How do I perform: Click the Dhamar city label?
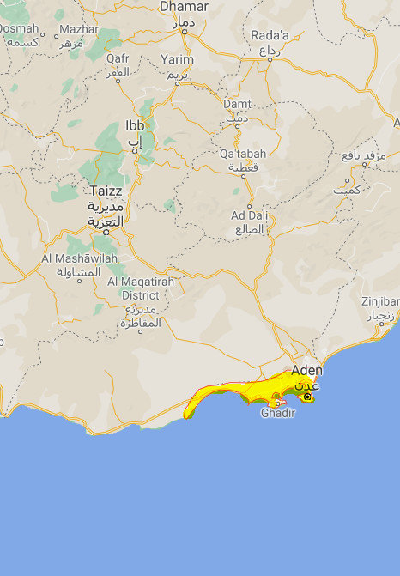click(x=185, y=7)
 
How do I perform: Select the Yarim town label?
click(x=177, y=60)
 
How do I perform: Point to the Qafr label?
click(x=118, y=58)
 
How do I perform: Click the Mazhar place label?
click(x=79, y=29)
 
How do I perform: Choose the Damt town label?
click(x=238, y=104)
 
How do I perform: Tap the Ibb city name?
click(x=135, y=125)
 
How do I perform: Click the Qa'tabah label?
click(x=243, y=154)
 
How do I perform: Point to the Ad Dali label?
click(x=250, y=215)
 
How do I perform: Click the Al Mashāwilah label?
click(x=73, y=258)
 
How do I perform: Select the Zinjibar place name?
click(x=380, y=302)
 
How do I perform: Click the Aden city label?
click(x=306, y=371)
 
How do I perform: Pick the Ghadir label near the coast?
click(x=277, y=413)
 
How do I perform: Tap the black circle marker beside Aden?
click(x=307, y=397)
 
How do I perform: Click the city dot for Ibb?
click(x=134, y=150)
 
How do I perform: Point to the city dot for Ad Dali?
click(x=250, y=205)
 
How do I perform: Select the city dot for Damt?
click(x=238, y=127)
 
